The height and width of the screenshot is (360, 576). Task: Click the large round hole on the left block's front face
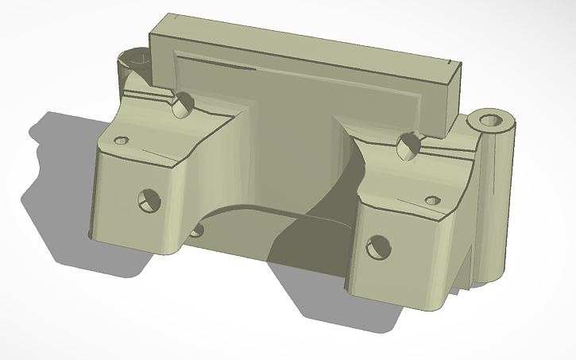click(148, 200)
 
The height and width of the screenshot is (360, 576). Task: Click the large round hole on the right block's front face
click(377, 247)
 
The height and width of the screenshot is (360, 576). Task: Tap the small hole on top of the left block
click(122, 141)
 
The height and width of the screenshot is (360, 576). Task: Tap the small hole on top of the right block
click(432, 200)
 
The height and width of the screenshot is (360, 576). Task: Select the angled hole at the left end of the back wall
click(183, 104)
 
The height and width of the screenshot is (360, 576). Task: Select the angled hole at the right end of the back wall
click(408, 145)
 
